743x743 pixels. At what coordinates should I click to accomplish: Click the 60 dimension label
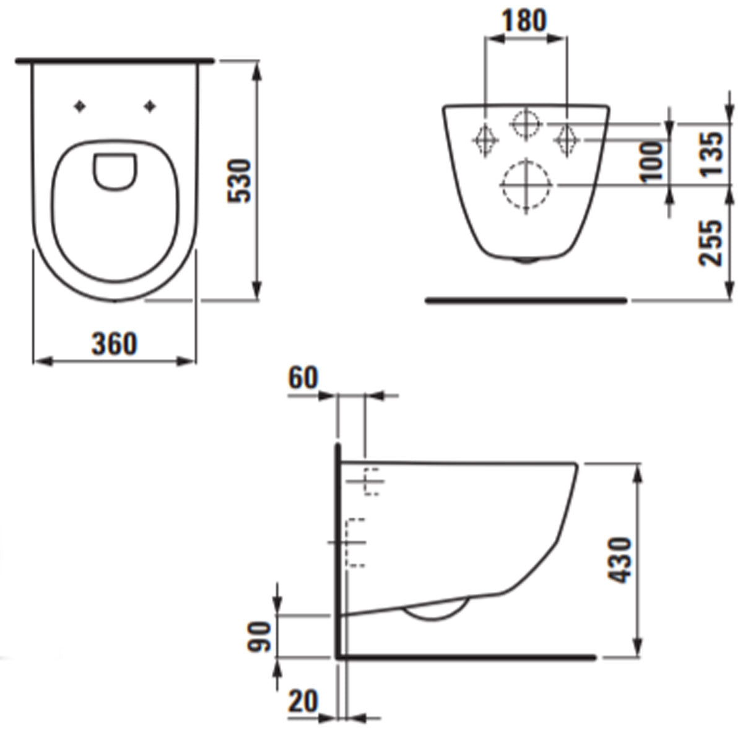[303, 378]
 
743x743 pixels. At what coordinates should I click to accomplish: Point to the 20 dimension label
[303, 702]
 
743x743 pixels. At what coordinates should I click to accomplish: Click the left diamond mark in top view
[79, 106]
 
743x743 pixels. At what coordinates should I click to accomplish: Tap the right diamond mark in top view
[149, 106]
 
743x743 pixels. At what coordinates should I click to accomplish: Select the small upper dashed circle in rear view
[525, 124]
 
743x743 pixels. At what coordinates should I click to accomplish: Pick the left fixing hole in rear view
[485, 139]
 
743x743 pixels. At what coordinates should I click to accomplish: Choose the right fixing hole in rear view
[565, 139]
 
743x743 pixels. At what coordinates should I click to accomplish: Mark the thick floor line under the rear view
[526, 300]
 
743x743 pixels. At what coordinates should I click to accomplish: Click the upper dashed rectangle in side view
[371, 481]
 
